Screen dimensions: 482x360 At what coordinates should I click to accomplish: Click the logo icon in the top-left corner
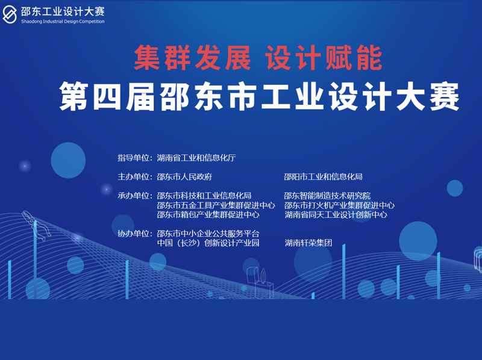(10, 14)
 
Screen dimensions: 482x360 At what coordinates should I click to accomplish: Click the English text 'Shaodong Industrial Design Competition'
(63, 22)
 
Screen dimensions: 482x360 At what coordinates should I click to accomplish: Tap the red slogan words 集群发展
(192, 58)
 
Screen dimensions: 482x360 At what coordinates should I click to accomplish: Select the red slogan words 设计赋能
(324, 58)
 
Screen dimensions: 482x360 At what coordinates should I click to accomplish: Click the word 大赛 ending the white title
(427, 96)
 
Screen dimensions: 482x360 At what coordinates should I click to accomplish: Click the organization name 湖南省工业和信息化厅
(196, 158)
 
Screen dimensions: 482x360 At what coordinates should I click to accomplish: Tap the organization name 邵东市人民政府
(184, 176)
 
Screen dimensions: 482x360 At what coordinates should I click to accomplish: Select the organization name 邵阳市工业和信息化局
(324, 176)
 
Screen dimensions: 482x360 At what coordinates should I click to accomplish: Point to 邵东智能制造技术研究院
(327, 196)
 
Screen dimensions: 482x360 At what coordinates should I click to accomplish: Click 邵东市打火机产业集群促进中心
(339, 205)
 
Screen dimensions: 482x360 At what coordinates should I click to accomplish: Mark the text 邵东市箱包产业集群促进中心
(208, 214)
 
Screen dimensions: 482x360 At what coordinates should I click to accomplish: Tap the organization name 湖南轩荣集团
(308, 243)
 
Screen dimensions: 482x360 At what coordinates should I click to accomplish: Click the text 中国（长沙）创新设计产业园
(208, 243)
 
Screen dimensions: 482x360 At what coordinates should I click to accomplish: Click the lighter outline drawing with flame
(260, 282)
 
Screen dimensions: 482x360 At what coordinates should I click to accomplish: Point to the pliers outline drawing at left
(37, 225)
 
